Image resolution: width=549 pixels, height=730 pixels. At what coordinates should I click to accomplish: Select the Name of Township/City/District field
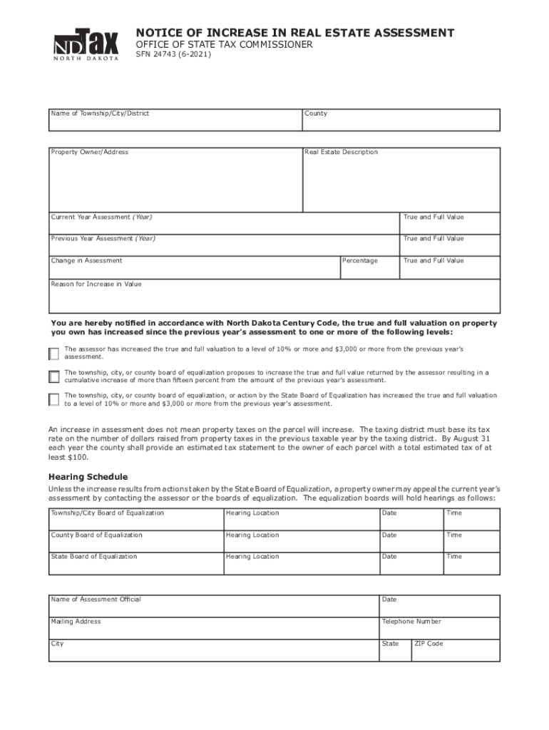point(175,122)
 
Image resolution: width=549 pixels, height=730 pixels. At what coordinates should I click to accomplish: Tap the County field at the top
point(401,122)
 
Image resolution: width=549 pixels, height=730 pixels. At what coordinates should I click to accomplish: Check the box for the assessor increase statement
point(54,354)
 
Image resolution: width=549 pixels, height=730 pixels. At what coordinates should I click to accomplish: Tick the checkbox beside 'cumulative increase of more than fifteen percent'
point(54,376)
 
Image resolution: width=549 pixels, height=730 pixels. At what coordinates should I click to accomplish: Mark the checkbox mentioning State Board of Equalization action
point(54,399)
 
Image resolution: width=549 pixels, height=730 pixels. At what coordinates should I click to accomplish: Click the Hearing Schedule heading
point(88,476)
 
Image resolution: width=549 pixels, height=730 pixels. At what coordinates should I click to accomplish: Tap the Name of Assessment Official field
point(214,605)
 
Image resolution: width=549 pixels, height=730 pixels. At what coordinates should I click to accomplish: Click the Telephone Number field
point(439,627)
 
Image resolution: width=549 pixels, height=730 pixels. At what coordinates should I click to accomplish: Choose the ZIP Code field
point(456,649)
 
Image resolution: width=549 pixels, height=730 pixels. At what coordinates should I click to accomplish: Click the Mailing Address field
point(214,627)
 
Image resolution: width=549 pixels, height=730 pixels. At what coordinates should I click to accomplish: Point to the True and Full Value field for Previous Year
point(449,243)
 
